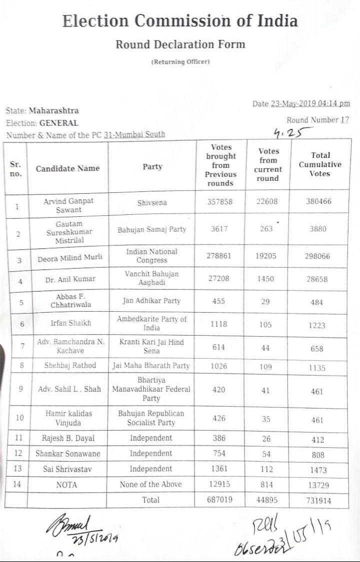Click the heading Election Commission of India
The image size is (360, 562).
(180, 21)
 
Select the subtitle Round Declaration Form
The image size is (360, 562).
(180, 44)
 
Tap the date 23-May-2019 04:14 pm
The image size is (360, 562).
(310, 104)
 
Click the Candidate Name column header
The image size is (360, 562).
(67, 168)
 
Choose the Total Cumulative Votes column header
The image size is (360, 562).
(320, 164)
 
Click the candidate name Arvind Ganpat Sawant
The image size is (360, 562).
(68, 205)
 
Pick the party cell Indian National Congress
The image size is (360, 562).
(152, 256)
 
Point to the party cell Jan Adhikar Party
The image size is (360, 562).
(152, 301)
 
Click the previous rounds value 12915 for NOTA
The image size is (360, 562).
(219, 485)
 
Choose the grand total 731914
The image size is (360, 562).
(318, 501)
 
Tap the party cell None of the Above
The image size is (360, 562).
(151, 484)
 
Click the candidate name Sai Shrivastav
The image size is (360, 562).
(67, 469)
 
